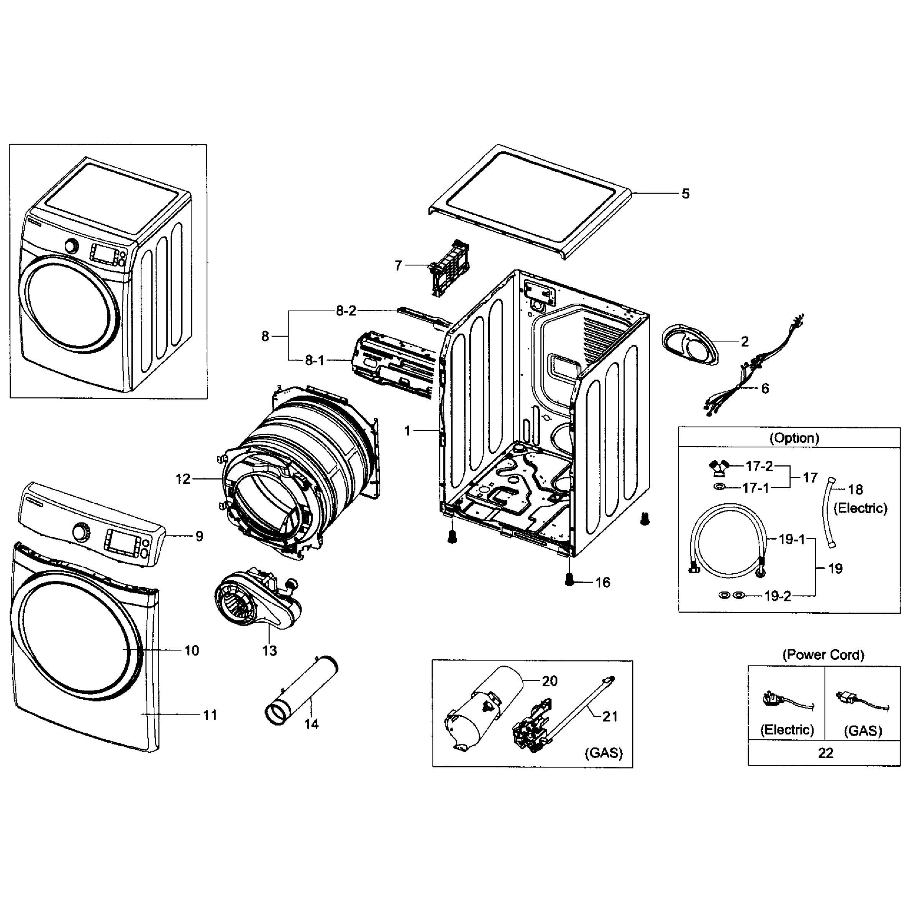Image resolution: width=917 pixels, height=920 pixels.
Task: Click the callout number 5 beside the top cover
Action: click(686, 194)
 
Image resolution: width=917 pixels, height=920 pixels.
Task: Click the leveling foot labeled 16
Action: click(569, 580)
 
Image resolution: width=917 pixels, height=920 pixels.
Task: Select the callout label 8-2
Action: click(346, 311)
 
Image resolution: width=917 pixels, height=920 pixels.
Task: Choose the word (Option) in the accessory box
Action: click(794, 438)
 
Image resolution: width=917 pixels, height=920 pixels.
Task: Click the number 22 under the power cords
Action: click(825, 753)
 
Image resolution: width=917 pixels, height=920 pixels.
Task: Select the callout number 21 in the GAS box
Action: click(610, 717)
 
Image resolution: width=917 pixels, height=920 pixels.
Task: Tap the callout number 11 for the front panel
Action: click(210, 715)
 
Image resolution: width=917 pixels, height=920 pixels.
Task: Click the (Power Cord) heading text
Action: click(823, 655)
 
